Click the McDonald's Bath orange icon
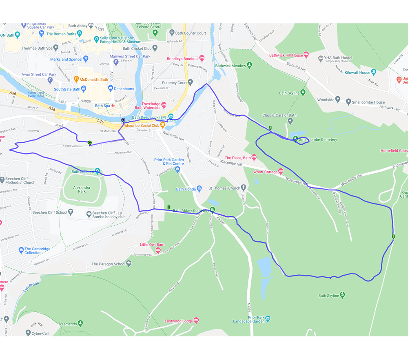tap(76, 80)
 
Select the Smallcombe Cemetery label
tap(318, 140)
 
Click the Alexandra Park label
tap(82, 189)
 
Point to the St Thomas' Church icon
tap(243, 188)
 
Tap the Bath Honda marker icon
tap(200, 189)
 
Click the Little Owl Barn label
tap(152, 245)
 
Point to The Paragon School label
tap(108, 264)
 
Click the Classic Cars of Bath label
tap(279, 115)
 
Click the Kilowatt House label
tap(357, 73)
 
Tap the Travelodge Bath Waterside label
tap(151, 106)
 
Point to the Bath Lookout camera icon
tap(98, 171)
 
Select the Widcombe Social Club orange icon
tap(162, 125)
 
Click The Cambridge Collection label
tap(37, 251)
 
